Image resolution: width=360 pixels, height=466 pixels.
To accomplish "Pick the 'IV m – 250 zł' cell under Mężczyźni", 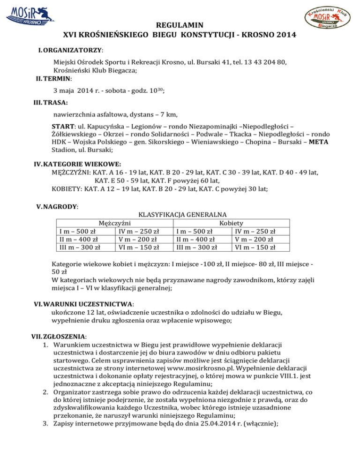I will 139,231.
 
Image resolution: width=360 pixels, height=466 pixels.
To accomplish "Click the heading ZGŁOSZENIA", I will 66,336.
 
